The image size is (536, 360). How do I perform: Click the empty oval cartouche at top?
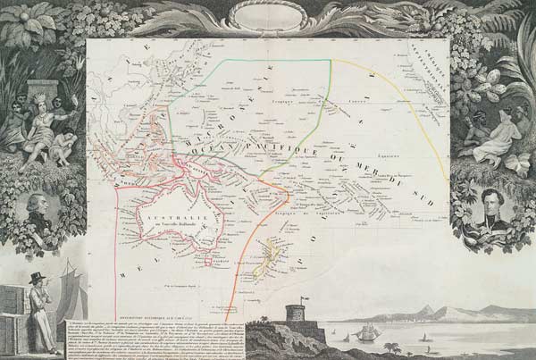(x=268, y=17)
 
